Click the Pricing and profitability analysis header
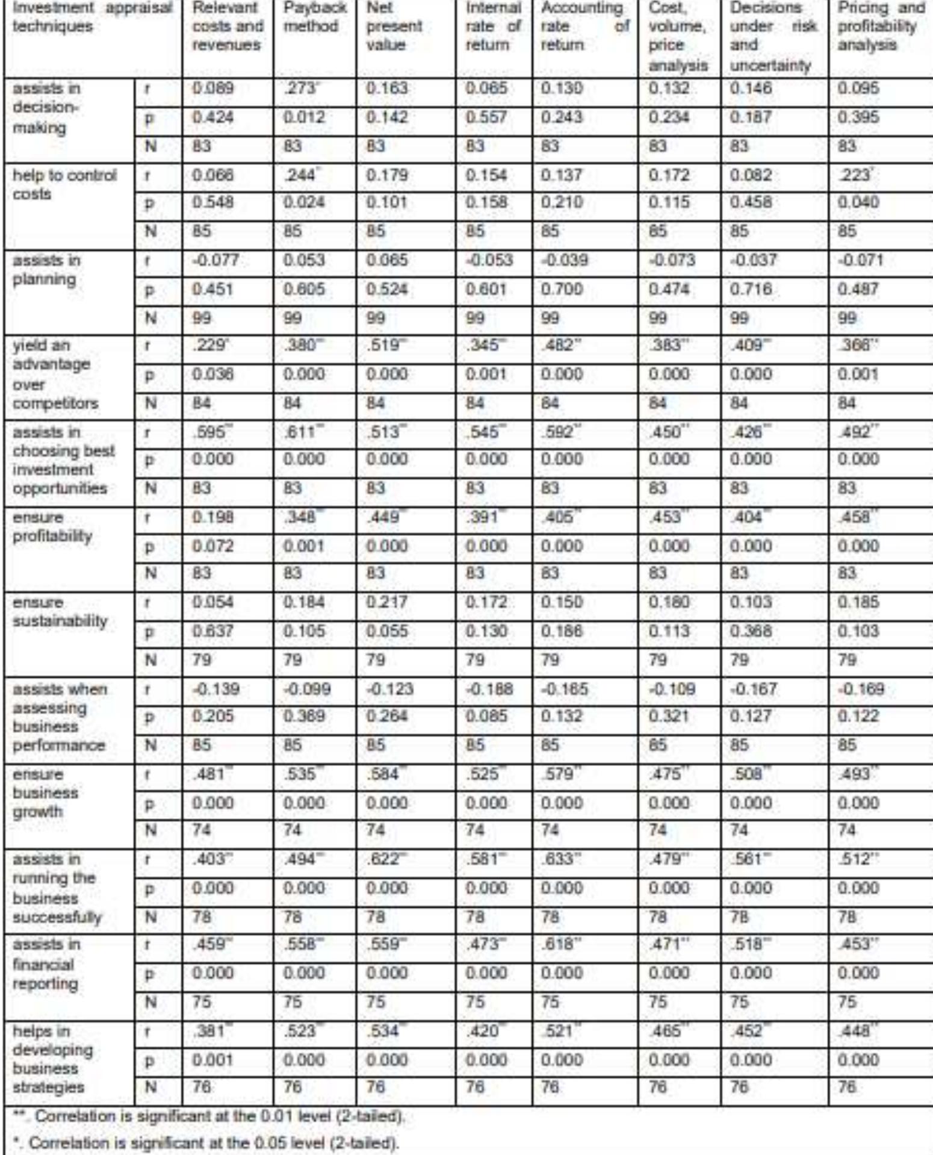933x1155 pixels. (x=881, y=26)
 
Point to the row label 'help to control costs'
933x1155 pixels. (x=64, y=184)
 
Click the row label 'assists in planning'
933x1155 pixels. (x=47, y=270)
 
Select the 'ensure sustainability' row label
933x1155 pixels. (x=60, y=611)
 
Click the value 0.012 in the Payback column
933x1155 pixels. (x=304, y=117)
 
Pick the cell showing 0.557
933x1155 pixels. (x=486, y=117)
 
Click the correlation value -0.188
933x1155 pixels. (x=489, y=688)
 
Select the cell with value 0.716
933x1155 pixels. (x=751, y=289)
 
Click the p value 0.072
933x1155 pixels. (x=212, y=546)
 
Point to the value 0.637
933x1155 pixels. (x=212, y=631)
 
